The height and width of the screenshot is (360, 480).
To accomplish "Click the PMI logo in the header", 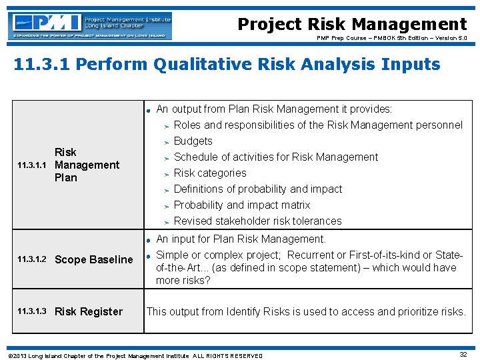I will [x=91, y=26].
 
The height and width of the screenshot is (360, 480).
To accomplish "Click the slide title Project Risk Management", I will [x=352, y=25].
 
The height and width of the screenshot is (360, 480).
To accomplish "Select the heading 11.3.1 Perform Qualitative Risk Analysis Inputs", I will [x=227, y=65].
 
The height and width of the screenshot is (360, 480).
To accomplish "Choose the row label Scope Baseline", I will [x=93, y=259].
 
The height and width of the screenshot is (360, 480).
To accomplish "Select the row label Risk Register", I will [x=89, y=311].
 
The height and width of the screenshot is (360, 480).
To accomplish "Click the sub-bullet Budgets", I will [x=193, y=141].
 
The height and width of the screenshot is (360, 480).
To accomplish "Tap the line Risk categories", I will [x=209, y=173].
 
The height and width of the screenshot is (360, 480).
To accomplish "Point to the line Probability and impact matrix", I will [x=241, y=205].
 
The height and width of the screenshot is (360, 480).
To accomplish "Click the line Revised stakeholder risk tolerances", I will [x=257, y=221].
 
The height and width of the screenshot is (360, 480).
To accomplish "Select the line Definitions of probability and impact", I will [x=257, y=189].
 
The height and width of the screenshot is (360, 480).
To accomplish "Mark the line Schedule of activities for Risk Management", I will [x=275, y=157].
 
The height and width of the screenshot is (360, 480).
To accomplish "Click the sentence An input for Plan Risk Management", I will [x=241, y=239].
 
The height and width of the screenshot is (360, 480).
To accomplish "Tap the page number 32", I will [x=463, y=355].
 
